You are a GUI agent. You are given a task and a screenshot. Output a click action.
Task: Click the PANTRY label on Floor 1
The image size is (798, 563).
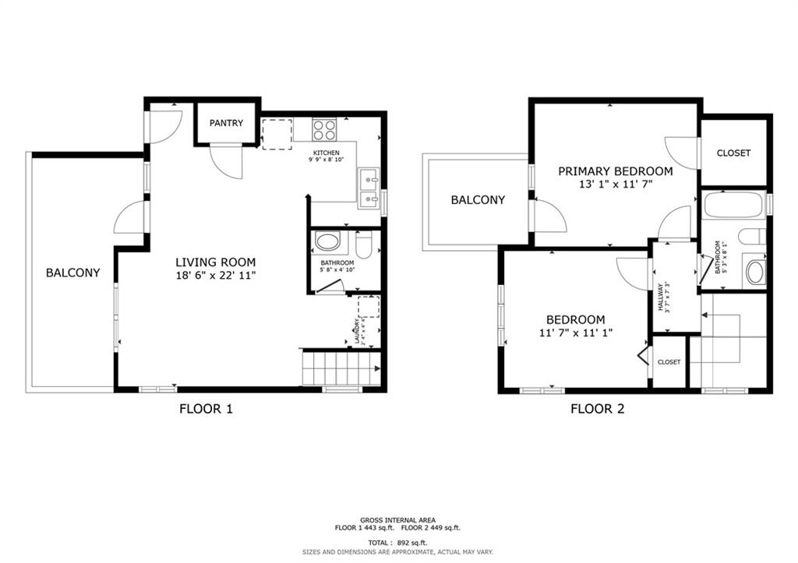226,123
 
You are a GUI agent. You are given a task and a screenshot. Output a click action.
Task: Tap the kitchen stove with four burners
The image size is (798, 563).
324,128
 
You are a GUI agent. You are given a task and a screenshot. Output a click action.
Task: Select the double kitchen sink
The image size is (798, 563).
369,190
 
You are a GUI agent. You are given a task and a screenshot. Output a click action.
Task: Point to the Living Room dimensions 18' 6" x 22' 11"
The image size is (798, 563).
215,276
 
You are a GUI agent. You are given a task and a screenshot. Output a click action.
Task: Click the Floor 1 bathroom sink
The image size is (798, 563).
327,241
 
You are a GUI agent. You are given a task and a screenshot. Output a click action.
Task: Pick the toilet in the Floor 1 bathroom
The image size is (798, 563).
362,245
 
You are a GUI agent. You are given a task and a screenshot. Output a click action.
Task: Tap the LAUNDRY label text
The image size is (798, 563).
357,332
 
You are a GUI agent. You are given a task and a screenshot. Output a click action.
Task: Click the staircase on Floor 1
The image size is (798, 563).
340,368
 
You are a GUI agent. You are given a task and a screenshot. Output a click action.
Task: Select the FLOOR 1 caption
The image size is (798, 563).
206,408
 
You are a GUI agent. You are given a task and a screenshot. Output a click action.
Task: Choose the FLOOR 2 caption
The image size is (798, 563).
597,408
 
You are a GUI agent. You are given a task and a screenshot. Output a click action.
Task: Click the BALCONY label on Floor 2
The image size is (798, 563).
478,200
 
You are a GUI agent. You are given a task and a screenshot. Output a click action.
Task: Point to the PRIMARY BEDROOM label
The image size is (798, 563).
615,171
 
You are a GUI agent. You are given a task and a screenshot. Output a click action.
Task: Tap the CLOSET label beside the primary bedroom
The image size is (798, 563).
733,153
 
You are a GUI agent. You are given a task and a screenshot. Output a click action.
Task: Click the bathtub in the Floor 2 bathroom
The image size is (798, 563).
733,206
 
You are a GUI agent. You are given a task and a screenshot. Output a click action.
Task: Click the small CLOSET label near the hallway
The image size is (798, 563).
669,362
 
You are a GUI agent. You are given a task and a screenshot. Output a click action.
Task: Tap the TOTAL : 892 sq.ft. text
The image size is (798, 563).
397,542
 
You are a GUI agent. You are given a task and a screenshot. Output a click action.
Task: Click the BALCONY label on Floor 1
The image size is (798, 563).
72,273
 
